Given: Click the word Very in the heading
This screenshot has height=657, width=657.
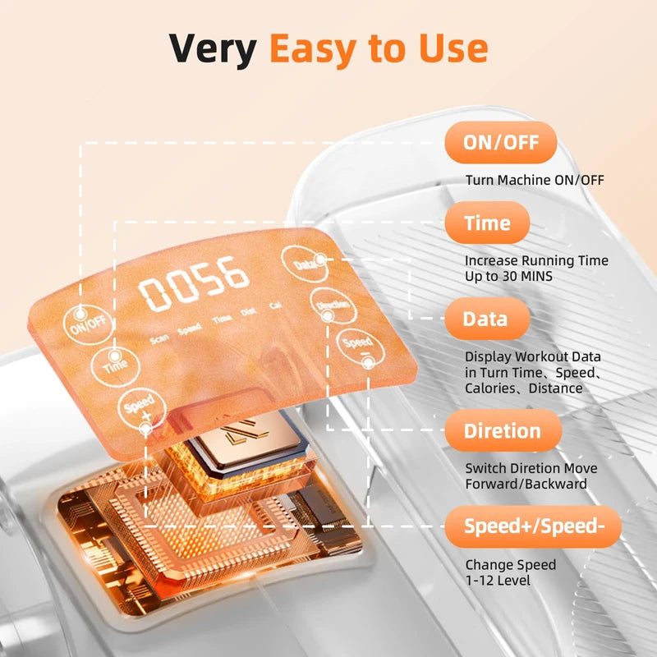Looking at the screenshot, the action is tap(213, 48).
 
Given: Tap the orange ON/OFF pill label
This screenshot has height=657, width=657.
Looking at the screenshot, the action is tap(501, 142).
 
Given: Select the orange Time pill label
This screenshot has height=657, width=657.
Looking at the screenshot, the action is tap(487, 223).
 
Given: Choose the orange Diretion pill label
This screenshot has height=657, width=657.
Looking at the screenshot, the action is tap(503, 430).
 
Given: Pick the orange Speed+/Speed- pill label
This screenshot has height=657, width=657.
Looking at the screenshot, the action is tap(533, 526).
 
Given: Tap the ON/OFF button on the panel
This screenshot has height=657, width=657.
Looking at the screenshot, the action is tap(88, 324).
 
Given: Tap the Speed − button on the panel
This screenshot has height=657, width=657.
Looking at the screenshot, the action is tap(361, 348).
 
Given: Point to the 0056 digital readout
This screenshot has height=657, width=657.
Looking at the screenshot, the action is tap(194, 283).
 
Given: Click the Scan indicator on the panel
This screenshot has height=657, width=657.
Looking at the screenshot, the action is tap(159, 339).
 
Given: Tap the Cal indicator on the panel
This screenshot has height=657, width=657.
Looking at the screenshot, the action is tap(276, 305).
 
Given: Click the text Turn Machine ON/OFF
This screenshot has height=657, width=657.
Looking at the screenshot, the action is tap(535, 180).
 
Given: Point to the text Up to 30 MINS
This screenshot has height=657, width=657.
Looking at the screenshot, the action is tap(508, 276).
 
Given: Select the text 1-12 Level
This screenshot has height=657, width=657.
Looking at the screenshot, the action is tap(498, 581).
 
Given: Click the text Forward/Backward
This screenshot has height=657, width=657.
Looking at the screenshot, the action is tap(526, 484).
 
